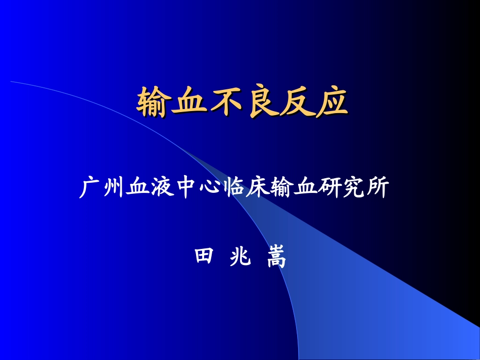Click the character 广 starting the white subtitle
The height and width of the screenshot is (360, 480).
tap(89, 189)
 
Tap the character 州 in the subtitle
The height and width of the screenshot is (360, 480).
tap(112, 189)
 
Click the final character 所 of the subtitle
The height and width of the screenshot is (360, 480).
tap(377, 189)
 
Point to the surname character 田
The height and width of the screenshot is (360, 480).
tap(205, 258)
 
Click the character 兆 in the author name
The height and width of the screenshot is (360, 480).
tap(240, 258)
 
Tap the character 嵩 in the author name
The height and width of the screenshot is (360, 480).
tap(276, 258)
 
